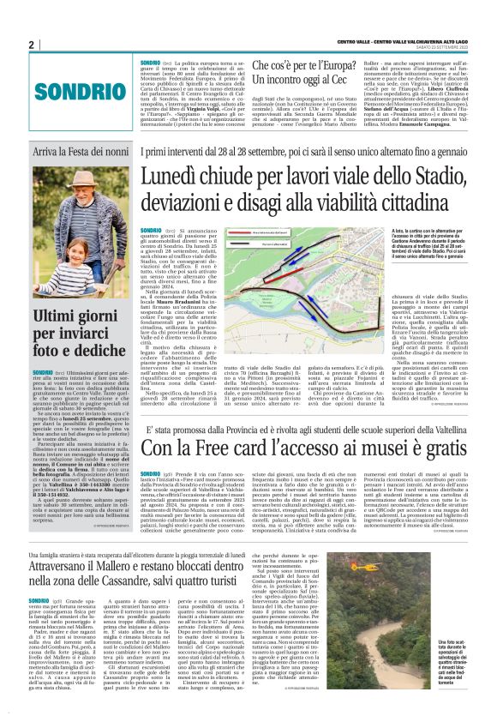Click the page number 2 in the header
tap(32, 45)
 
